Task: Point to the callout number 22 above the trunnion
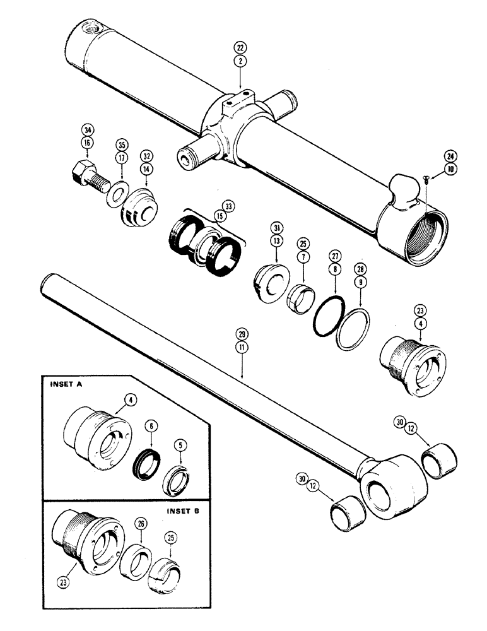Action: (240, 47)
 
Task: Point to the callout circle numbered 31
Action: (276, 227)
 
